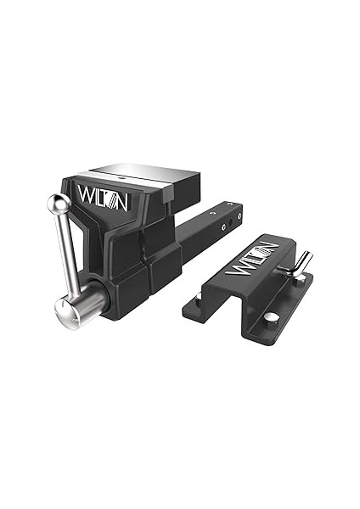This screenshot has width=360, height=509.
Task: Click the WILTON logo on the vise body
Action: [103, 193]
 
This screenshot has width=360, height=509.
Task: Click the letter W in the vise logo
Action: [87, 194]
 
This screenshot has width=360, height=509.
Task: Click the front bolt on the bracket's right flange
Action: [270, 317]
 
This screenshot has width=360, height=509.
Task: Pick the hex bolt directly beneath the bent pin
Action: [298, 277]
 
